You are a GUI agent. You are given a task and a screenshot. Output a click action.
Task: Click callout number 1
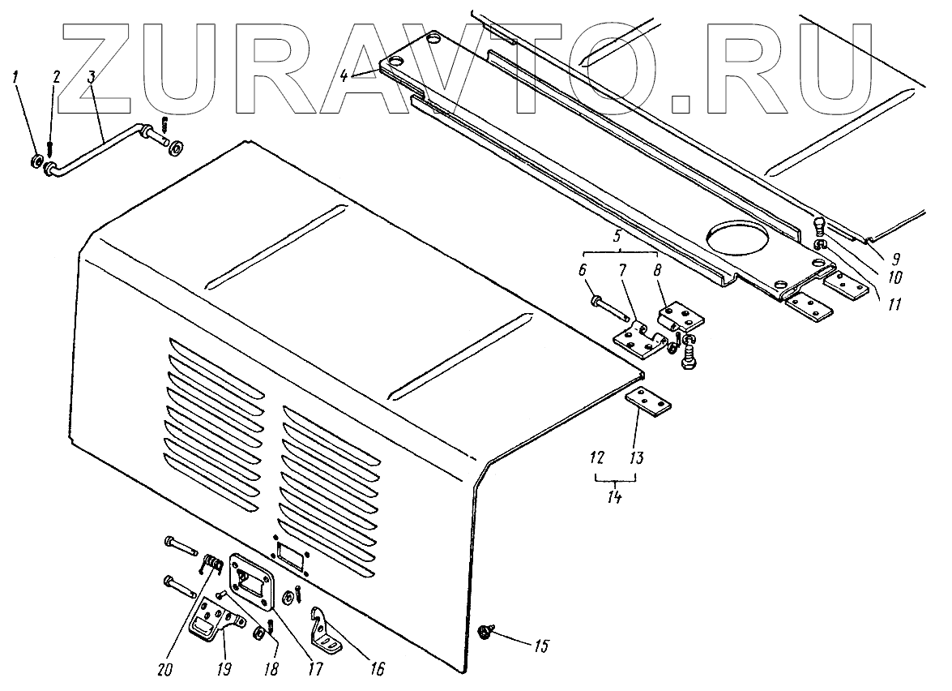15,78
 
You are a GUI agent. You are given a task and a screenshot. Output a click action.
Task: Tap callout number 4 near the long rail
344,76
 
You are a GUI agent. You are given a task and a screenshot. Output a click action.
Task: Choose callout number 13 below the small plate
636,458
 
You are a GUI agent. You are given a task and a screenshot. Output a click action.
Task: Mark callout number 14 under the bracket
617,496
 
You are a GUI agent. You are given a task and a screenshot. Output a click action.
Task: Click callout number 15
540,646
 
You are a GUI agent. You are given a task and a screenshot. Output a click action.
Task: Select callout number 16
377,670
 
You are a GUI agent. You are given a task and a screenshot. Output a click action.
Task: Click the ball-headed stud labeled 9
820,224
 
